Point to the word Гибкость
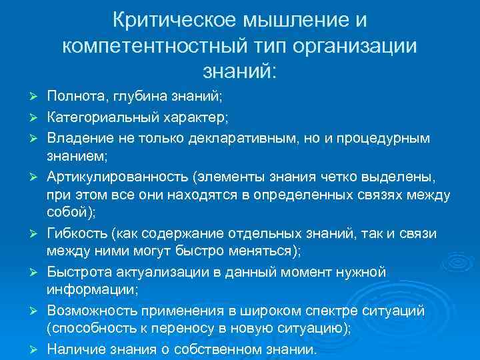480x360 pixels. click(77, 233)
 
